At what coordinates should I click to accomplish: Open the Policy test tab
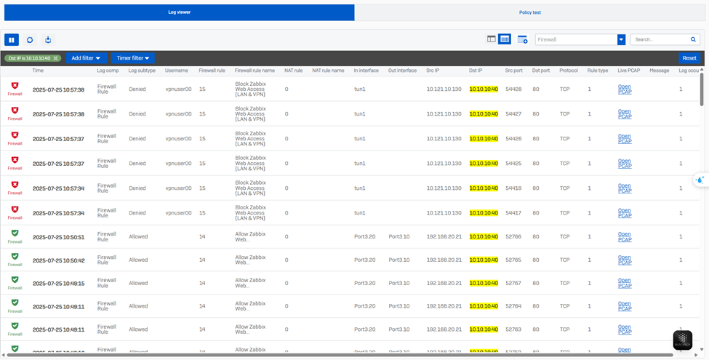point(529,12)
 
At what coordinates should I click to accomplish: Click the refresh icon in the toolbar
point(30,40)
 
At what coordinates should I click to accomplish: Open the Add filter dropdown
point(87,58)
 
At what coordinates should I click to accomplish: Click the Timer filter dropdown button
point(133,58)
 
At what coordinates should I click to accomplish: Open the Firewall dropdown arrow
point(621,40)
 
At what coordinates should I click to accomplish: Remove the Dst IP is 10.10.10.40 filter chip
point(55,58)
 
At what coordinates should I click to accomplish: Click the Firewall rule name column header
point(255,71)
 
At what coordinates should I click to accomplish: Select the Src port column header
point(513,71)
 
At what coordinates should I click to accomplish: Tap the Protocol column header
point(569,71)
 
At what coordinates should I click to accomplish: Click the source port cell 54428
point(513,89)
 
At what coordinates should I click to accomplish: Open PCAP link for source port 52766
point(624,237)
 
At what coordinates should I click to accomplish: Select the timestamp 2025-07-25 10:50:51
point(58,237)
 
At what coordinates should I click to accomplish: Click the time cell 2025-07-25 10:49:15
point(58,284)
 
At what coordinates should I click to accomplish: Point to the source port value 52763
point(513,329)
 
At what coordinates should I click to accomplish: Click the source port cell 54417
point(513,213)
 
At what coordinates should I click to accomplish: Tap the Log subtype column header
point(142,71)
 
